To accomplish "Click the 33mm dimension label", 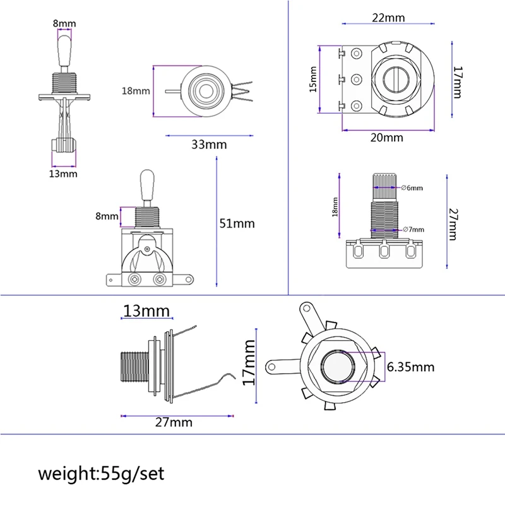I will tap(209, 145).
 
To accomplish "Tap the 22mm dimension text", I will tap(388, 17).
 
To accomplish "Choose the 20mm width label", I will tap(386, 138).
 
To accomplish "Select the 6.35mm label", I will tap(410, 367).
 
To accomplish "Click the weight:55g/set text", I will tap(101, 473).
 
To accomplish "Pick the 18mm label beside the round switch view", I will tap(136, 90).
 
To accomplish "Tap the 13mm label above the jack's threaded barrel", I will tap(146, 311).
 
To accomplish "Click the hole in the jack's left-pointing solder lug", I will tap(273, 364).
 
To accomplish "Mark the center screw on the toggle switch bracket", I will tap(148, 249).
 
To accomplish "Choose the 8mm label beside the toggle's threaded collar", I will tap(107, 216).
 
